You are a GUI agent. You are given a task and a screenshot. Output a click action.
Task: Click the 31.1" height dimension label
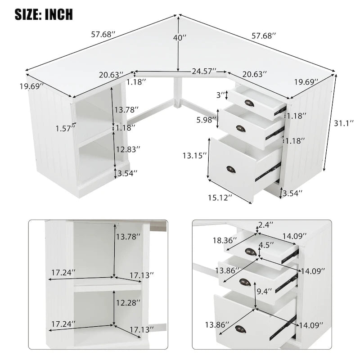[343, 122]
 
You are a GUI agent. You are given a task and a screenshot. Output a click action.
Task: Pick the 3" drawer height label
[220, 95]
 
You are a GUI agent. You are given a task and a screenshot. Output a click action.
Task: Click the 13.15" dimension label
[195, 155]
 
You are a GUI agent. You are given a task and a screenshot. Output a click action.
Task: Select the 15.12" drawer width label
[220, 197]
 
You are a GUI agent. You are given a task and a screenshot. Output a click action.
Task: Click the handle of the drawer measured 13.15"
[231, 169]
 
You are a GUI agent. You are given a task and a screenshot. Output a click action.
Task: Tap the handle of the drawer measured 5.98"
[241, 129]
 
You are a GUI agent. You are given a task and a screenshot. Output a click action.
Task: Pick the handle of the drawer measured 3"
[249, 103]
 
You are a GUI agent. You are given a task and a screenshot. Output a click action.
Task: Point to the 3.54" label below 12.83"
[127, 173]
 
